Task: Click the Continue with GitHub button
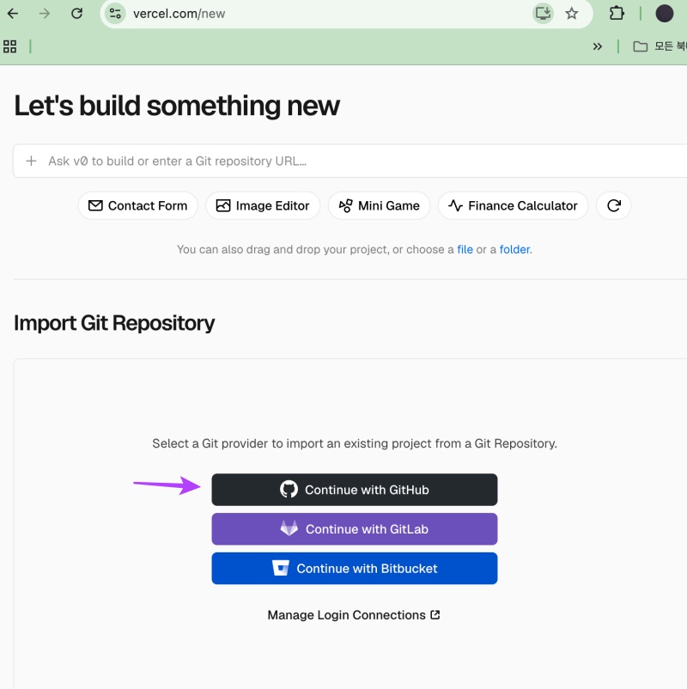pos(355,490)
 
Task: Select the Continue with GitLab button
pos(355,529)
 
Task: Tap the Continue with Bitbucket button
pos(355,568)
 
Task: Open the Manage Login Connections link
pos(354,615)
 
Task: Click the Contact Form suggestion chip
pos(138,205)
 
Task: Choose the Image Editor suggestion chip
pos(263,205)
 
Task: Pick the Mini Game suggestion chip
pos(379,205)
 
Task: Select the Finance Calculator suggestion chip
pos(513,205)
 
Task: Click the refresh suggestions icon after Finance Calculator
pos(614,205)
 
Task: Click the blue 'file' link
pos(465,250)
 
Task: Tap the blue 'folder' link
pos(514,250)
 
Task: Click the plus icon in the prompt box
pos(31,161)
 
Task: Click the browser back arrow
pos(13,14)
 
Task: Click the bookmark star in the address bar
pos(571,14)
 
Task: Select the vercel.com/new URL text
pos(179,14)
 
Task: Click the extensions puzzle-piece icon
pos(617,14)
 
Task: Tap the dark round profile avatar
pos(665,14)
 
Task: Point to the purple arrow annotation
pos(167,485)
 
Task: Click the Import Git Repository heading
pos(114,323)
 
